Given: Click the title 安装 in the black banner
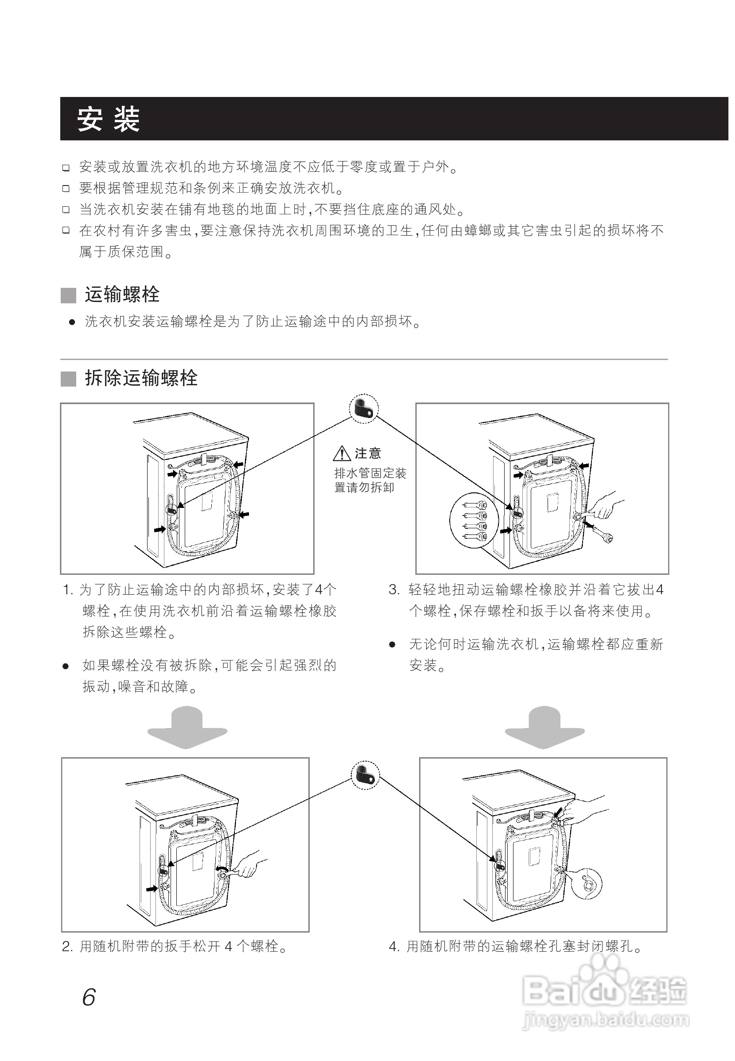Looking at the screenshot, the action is pyautogui.click(x=109, y=119).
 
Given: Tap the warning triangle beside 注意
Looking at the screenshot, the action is pyautogui.click(x=342, y=454).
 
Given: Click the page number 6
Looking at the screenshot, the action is pyautogui.click(x=89, y=998).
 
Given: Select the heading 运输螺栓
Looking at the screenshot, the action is pyautogui.click(x=122, y=294).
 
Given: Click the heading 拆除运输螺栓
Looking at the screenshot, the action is pyautogui.click(x=141, y=378).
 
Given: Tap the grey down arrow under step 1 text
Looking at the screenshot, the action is pyautogui.click(x=187, y=728).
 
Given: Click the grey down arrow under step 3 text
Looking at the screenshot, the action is pyautogui.click(x=545, y=728).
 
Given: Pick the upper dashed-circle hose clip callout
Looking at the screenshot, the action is pyautogui.click(x=364, y=408).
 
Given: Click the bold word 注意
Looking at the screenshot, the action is pyautogui.click(x=368, y=454).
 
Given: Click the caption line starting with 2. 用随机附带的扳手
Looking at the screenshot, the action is pyautogui.click(x=175, y=947).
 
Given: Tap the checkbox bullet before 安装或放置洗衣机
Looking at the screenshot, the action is pyautogui.click(x=66, y=167).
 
